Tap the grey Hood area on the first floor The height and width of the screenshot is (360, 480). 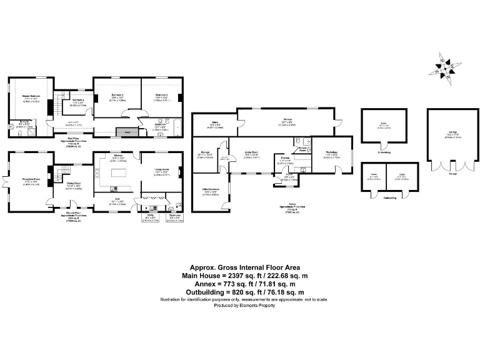coord(127,132)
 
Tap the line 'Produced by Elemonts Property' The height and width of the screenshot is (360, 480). coord(240,306)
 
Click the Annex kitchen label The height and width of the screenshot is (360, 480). coord(285,159)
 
